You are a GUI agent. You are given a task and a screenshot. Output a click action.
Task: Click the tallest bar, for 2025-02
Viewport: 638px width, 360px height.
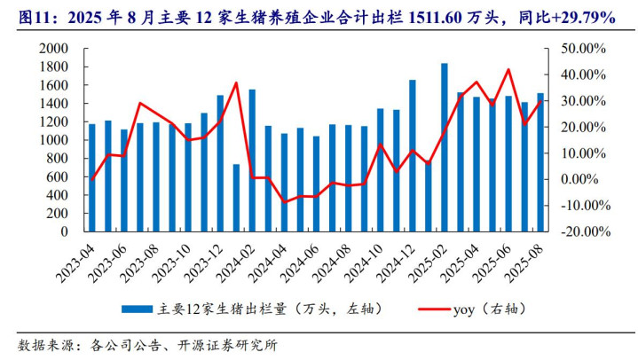point(444,147)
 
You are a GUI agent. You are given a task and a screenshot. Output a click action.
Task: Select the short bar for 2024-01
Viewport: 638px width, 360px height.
point(236,198)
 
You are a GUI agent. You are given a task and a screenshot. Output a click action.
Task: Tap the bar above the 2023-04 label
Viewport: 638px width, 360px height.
point(91,177)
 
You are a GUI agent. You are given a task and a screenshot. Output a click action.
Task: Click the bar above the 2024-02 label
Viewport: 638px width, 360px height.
point(252,160)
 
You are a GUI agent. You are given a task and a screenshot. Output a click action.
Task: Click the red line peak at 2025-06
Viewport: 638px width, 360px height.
point(508,69)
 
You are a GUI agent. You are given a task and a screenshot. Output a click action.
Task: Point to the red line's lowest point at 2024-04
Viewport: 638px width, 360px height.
point(284,202)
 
